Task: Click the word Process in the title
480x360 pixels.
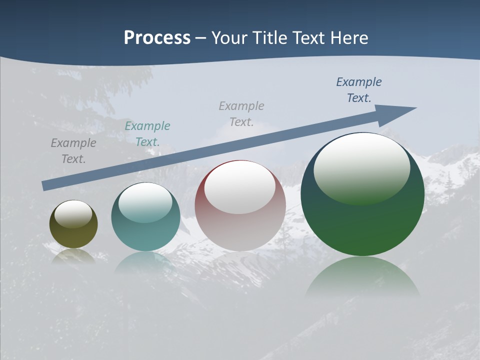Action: (x=157, y=38)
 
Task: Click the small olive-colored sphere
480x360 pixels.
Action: (x=73, y=235)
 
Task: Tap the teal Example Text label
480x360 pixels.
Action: (x=147, y=134)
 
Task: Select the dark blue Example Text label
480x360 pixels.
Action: (x=359, y=90)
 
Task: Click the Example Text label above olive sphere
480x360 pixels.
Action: (x=73, y=151)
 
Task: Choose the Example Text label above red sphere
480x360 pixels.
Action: (x=241, y=114)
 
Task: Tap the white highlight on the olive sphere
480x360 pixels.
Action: (x=73, y=214)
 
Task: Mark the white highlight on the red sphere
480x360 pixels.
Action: (x=239, y=187)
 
